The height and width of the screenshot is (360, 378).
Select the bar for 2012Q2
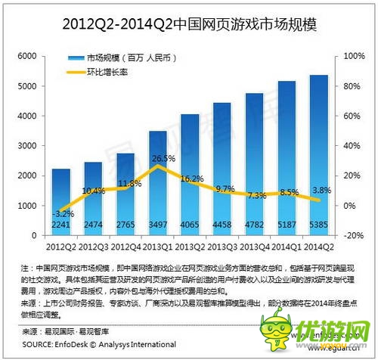tap(61, 197)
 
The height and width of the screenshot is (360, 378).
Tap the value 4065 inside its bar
tap(190, 224)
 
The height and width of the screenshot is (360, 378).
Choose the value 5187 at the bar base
tap(287, 224)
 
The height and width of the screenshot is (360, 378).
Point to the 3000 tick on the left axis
tap(26, 146)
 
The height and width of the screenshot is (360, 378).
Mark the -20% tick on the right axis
tap(354, 235)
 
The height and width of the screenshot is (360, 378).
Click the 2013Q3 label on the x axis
tap(222, 247)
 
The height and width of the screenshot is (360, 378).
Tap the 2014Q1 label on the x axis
tap(287, 247)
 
